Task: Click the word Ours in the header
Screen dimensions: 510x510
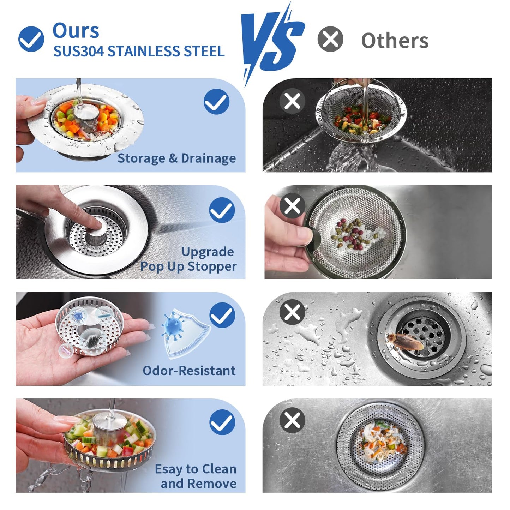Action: pyautogui.click(x=76, y=31)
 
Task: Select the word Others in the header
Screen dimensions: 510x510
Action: pyautogui.click(x=395, y=41)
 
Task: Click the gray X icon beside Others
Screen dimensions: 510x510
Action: pyautogui.click(x=330, y=39)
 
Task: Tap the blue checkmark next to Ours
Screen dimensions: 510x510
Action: pyautogui.click(x=31, y=39)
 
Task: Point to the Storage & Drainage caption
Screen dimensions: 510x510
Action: pyautogui.click(x=176, y=158)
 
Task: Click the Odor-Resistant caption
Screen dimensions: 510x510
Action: pyautogui.click(x=189, y=371)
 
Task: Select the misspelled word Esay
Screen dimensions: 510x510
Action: pyautogui.click(x=169, y=469)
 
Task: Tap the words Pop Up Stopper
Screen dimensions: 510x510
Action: pyautogui.click(x=188, y=266)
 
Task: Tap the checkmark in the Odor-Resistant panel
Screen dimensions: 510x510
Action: pyautogui.click(x=222, y=315)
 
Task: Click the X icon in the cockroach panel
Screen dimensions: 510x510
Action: pyautogui.click(x=292, y=312)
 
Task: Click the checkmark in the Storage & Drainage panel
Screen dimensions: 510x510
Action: pyautogui.click(x=216, y=102)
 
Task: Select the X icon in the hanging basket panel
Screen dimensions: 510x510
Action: pyautogui.click(x=292, y=101)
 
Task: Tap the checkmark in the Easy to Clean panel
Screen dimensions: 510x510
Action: pyautogui.click(x=222, y=422)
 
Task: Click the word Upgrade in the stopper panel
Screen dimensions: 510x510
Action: pyautogui.click(x=208, y=252)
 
